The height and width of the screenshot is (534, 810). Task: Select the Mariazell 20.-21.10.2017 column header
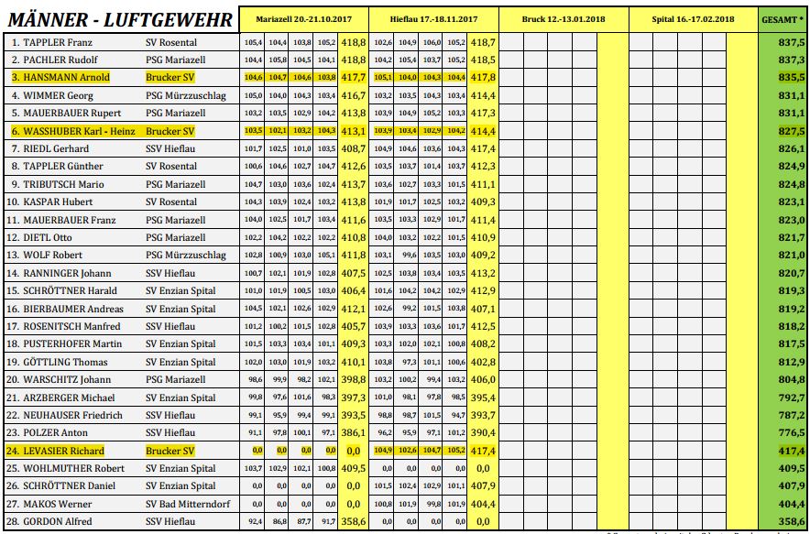pos(305,18)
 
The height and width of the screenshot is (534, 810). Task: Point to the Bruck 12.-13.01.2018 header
pos(564,18)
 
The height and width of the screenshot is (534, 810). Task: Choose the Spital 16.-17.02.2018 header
pos(693,18)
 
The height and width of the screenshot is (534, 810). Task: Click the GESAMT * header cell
pos(783,18)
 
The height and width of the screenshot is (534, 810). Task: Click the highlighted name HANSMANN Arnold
pos(60,77)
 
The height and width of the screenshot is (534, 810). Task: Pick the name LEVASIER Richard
pos(58,451)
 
